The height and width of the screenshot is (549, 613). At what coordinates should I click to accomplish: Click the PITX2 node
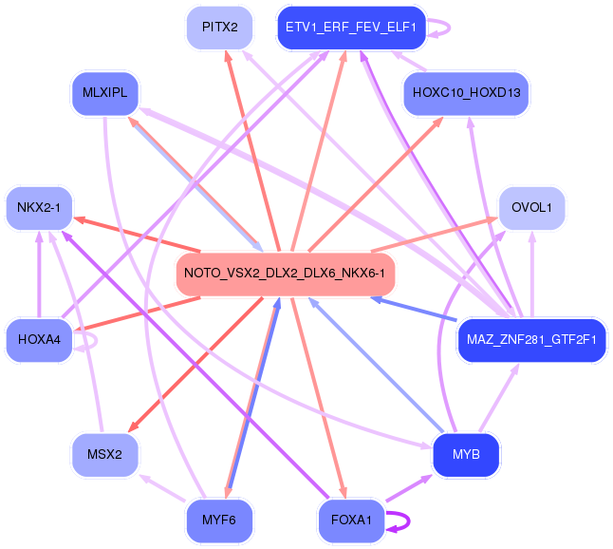[x=219, y=28]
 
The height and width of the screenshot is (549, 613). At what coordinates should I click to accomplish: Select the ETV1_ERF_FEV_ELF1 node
[x=350, y=28]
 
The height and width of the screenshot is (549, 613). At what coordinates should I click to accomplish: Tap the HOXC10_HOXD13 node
[x=466, y=93]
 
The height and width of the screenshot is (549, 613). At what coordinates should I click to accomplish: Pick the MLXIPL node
[x=105, y=93]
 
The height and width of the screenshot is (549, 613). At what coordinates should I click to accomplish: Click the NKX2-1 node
[x=39, y=207]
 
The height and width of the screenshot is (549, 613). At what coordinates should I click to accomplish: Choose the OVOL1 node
[x=531, y=208]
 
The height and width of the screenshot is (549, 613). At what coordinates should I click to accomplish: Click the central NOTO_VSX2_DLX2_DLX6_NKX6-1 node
[x=285, y=274]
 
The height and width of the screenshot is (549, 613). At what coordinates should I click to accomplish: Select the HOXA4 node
[x=39, y=339]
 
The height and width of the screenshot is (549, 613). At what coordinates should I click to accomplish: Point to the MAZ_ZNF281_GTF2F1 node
[x=531, y=339]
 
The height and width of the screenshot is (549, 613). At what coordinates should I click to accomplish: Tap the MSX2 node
[x=105, y=453]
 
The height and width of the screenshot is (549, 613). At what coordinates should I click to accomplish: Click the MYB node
[x=466, y=454]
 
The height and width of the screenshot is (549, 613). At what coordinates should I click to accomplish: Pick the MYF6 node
[x=219, y=520]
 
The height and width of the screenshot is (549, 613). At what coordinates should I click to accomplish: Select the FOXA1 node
[x=350, y=520]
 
